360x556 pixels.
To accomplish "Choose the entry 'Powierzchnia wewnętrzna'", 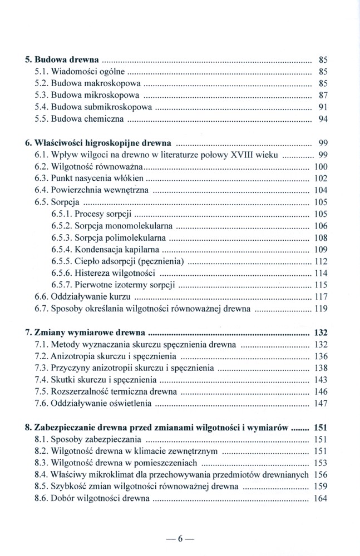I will (100, 190).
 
